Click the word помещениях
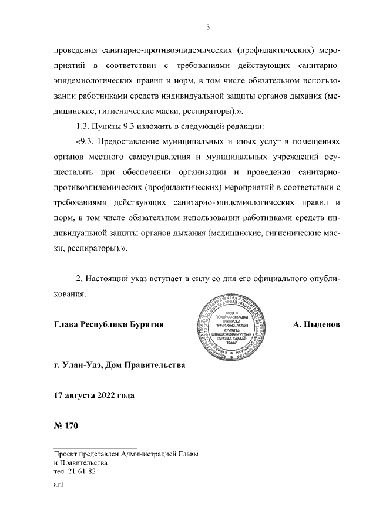[x=315, y=142]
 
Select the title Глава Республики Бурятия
[x=108, y=324]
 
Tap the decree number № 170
[x=65, y=425]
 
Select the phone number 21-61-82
[x=82, y=471]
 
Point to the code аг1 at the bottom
[x=58, y=485]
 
